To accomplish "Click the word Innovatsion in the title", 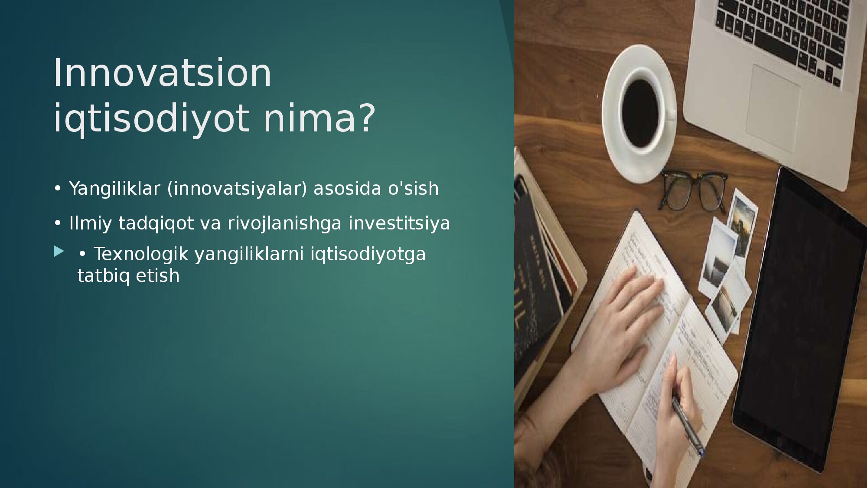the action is coord(162,72).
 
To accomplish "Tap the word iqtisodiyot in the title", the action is coord(151,118).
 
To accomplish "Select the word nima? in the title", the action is coord(319,118).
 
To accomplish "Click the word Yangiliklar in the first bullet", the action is coord(114,189).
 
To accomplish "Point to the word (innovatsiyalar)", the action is coord(237,189).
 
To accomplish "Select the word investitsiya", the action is coord(399,223).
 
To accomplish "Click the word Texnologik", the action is coord(141,254).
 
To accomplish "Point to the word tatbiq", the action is coord(103,276).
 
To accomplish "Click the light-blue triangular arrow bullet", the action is coord(59,251).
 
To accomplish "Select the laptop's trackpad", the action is coord(773,108).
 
